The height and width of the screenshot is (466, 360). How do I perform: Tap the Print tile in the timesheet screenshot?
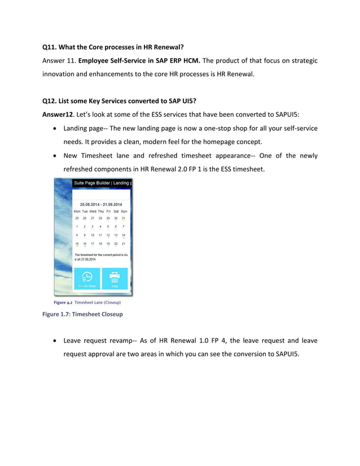point(115,279)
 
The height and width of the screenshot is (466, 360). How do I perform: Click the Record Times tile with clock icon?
point(87,279)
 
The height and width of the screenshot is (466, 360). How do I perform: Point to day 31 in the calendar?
point(124,218)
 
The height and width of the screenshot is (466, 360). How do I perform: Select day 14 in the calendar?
point(124,235)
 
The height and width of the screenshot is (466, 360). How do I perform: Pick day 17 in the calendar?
point(93,244)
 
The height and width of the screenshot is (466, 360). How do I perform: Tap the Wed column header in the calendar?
point(93,211)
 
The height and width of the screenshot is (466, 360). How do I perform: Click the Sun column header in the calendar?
point(124,211)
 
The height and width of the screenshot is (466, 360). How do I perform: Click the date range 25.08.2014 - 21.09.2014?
point(100,204)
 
